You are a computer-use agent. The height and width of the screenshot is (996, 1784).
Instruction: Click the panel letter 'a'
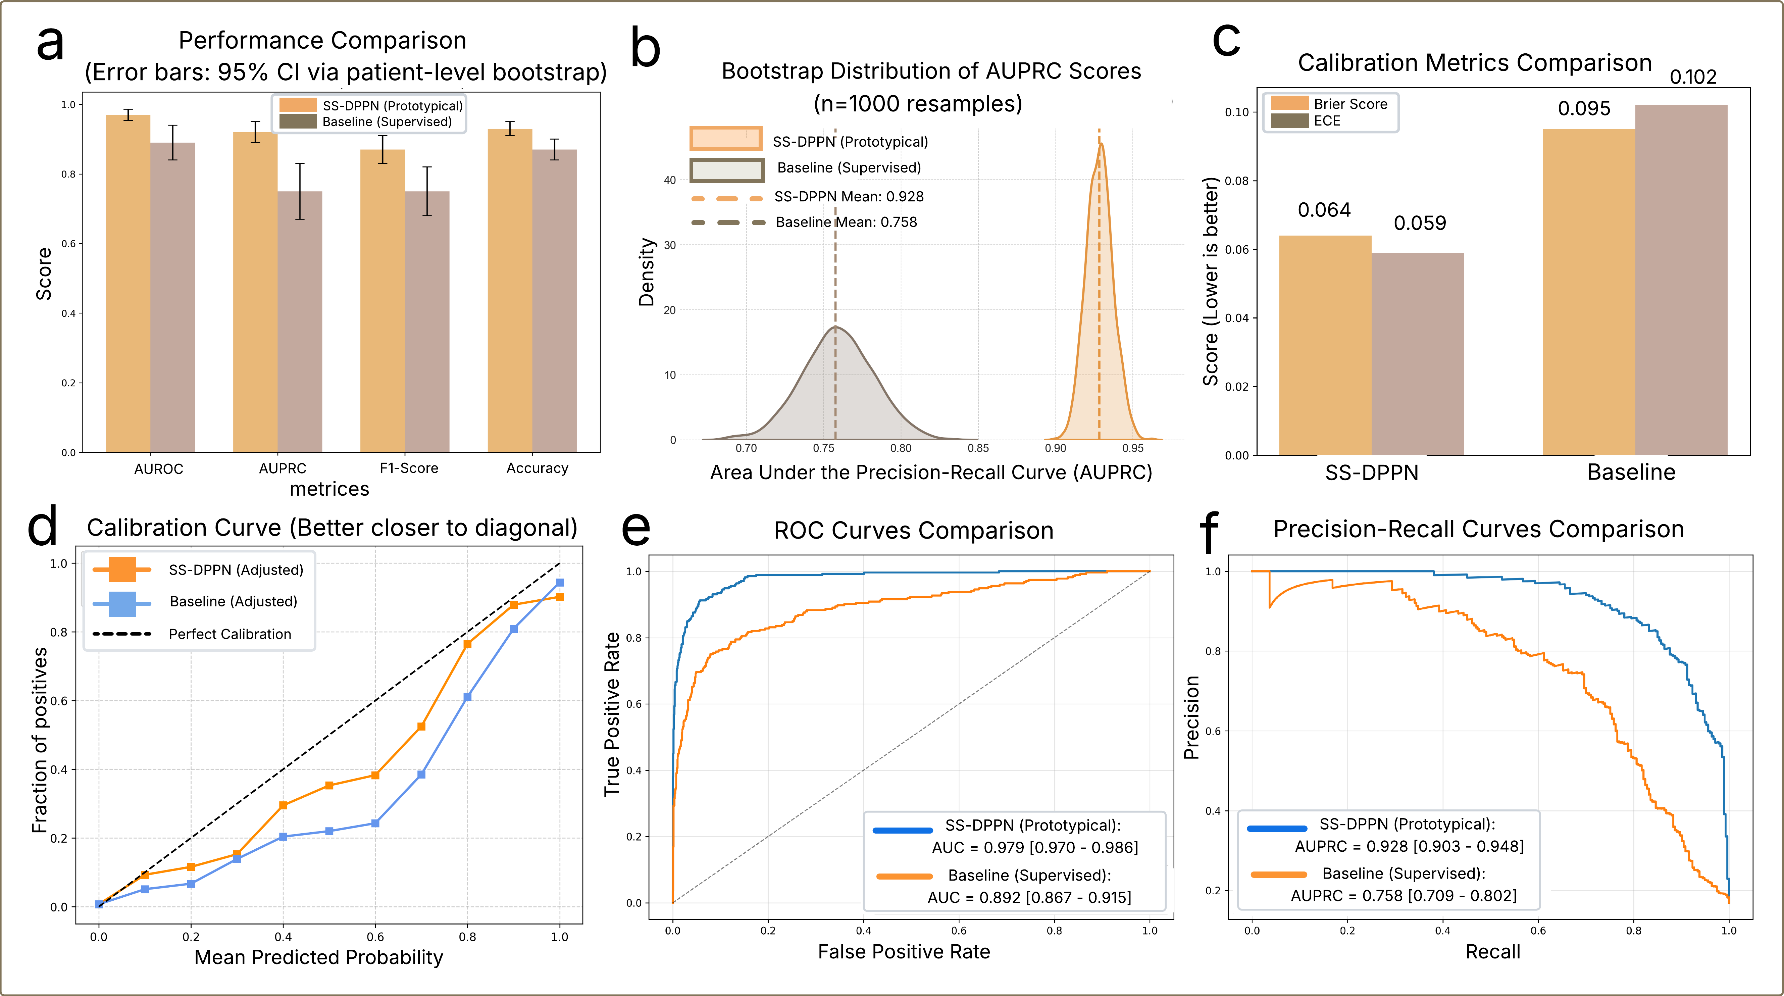pos(50,43)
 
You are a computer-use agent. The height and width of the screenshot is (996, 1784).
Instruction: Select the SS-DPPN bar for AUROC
pos(128,284)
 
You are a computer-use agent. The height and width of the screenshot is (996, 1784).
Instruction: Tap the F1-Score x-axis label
pos(409,468)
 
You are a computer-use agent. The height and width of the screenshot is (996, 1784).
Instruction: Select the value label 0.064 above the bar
pos(1323,210)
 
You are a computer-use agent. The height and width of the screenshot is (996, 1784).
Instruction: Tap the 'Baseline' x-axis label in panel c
pos(1631,472)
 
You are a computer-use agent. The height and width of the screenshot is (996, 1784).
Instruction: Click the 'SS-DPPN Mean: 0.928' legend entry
pos(848,197)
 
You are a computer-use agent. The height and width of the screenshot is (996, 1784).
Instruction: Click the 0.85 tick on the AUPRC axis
pos(978,448)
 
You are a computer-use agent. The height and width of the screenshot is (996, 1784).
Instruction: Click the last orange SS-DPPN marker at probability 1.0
pos(560,597)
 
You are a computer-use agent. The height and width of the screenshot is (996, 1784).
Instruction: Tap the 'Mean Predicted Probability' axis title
pos(318,957)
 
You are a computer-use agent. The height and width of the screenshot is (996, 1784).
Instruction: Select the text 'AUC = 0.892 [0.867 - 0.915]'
pos(1029,898)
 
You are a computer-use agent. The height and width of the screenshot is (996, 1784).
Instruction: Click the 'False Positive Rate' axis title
pos(904,952)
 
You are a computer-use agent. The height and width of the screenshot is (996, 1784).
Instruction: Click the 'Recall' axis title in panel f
pos(1492,952)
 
